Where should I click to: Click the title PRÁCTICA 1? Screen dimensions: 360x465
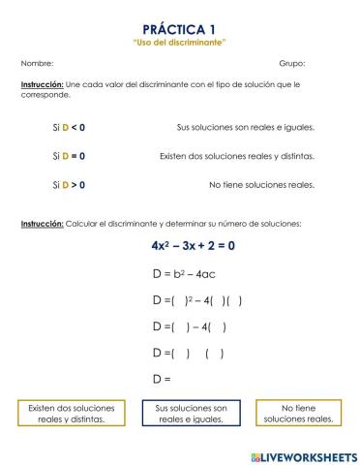coord(180,30)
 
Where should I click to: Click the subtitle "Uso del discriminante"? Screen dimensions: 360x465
coord(180,43)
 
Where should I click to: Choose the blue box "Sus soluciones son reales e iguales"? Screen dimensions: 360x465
coord(193,414)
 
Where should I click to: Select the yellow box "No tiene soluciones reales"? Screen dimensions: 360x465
coord(299,414)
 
